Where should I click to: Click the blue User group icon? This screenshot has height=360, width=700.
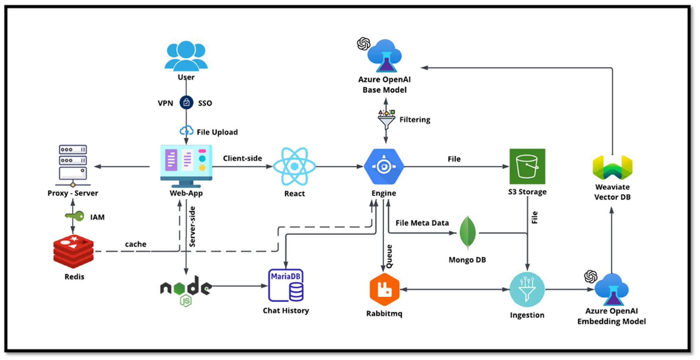click(x=186, y=56)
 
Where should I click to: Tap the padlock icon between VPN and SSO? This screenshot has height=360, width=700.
click(x=186, y=103)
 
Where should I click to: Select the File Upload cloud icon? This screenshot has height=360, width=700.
click(x=187, y=131)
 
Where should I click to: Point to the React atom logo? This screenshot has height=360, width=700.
click(x=294, y=166)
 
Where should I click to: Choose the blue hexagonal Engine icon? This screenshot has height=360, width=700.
click(x=384, y=167)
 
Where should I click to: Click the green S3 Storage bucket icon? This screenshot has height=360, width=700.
click(x=527, y=166)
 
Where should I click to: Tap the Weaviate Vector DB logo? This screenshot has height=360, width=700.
click(x=612, y=168)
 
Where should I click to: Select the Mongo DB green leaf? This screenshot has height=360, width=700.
click(x=468, y=233)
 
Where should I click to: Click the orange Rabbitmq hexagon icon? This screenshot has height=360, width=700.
click(x=384, y=289)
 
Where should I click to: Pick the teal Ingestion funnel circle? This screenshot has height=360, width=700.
click(x=527, y=289)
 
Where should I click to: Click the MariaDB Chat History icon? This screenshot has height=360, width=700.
click(x=286, y=285)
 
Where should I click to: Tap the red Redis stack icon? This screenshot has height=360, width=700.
click(x=73, y=251)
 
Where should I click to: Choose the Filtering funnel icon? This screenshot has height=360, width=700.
click(x=386, y=120)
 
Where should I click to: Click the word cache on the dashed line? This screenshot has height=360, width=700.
click(x=136, y=244)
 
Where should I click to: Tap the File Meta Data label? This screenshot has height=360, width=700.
click(x=422, y=223)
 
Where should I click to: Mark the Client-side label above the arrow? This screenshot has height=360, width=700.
click(x=242, y=158)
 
